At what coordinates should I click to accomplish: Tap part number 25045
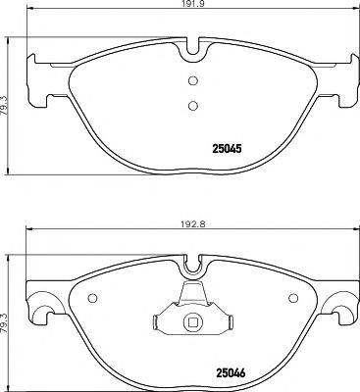(x=230, y=150)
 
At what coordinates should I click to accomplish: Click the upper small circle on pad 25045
(x=193, y=81)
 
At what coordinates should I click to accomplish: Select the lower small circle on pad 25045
(x=193, y=106)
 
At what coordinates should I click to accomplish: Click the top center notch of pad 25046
(x=193, y=263)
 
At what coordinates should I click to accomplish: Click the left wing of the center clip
(x=163, y=322)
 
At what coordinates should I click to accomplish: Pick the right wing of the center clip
(x=224, y=322)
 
